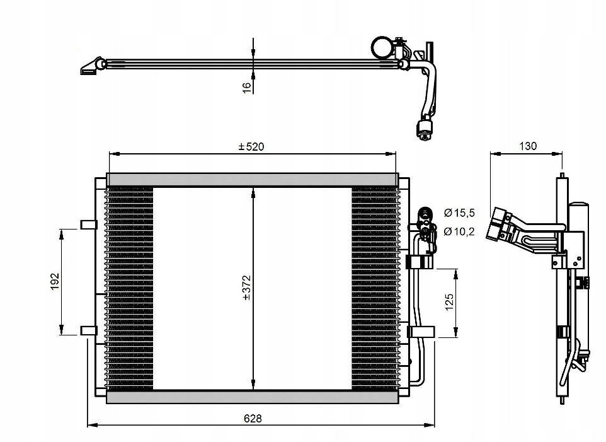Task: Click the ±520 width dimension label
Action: tap(251, 146)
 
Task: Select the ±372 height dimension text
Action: tap(247, 288)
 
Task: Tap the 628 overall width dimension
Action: tap(253, 419)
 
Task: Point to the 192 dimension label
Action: tap(55, 281)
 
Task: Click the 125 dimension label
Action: tap(449, 302)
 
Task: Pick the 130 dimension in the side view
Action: tap(528, 146)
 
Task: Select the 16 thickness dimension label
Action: tap(247, 86)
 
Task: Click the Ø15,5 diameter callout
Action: tap(459, 212)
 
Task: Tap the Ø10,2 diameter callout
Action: tap(459, 231)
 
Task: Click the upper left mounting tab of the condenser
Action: tap(88, 224)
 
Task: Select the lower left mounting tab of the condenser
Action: tap(88, 330)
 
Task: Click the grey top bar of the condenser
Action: tap(253, 180)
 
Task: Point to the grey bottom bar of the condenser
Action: tap(252, 397)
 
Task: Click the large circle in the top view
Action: tap(382, 47)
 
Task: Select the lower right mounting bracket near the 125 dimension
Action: tap(421, 332)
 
